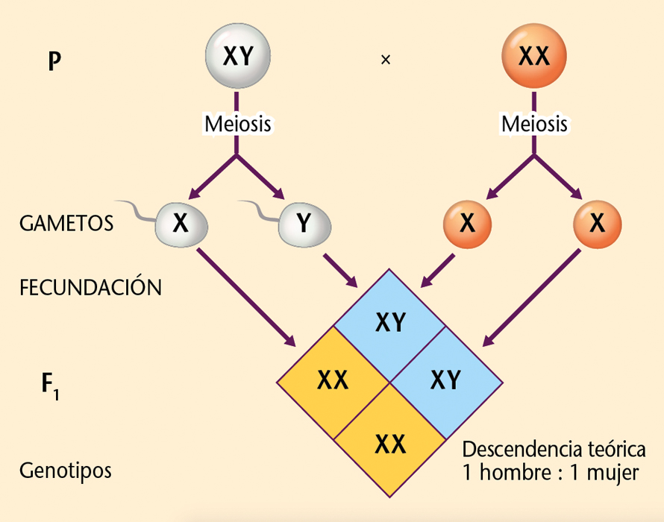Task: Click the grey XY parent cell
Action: tap(237, 57)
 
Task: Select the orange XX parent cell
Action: tap(533, 57)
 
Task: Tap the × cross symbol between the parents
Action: tap(385, 60)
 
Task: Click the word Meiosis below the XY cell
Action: tap(238, 124)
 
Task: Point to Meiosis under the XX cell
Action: tap(534, 124)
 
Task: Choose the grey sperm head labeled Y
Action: tap(304, 223)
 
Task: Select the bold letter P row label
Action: tap(54, 61)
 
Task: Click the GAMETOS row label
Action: tap(67, 223)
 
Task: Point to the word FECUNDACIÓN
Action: tap(90, 288)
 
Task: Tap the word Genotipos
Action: tap(66, 471)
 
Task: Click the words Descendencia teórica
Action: tap(553, 450)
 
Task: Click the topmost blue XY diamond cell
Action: tap(390, 321)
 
